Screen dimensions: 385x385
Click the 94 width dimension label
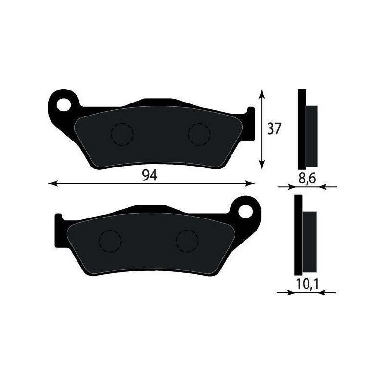point(150,176)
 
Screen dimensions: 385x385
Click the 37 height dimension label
point(274,129)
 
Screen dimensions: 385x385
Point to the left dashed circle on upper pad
point(122,134)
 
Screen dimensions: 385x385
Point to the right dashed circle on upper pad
point(199,134)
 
